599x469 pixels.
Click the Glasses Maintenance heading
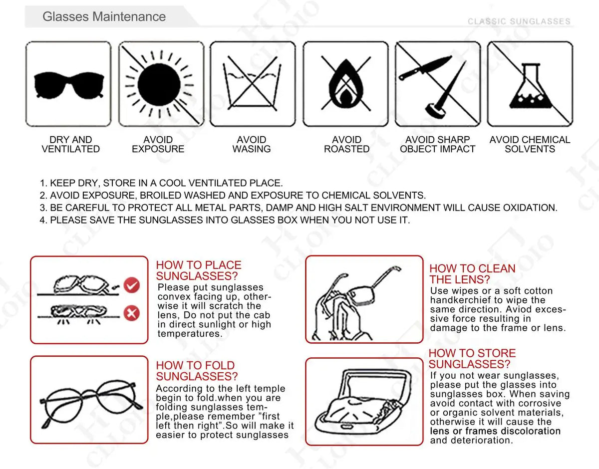coord(104,16)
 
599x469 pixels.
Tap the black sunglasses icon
coord(68,85)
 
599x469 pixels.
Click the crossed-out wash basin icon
coord(252,84)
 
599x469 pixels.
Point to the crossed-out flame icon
coord(346,84)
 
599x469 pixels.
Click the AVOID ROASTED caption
coord(346,145)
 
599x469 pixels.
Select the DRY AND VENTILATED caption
coord(70,145)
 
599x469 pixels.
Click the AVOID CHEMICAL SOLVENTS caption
coord(530,145)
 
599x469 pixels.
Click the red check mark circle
coord(132,285)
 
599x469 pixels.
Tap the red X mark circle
coord(132,313)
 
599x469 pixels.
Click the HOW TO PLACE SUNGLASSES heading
coord(198,270)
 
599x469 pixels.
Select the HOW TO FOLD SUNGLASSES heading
coord(197,371)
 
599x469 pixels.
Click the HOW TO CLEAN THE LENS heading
coord(472,274)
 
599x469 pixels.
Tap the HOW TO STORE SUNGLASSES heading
coord(472,359)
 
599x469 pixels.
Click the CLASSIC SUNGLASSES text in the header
coord(519,21)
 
